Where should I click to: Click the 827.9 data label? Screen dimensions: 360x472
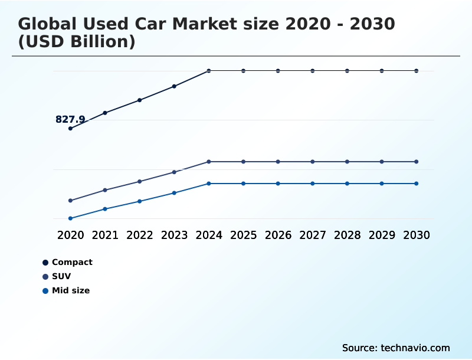[70, 119]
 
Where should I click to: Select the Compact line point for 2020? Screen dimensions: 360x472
[70, 128]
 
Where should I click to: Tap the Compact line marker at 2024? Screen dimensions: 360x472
[209, 71]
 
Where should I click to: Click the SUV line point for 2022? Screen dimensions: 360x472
[140, 181]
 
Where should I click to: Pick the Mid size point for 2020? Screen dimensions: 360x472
[70, 218]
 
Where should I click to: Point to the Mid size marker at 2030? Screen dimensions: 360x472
[417, 184]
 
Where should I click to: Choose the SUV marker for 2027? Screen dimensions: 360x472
[313, 162]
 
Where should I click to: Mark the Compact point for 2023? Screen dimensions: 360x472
[174, 86]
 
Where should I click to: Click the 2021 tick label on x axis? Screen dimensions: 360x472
[105, 235]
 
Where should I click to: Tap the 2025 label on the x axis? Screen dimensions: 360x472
[243, 235]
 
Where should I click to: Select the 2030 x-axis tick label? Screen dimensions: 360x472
[417, 235]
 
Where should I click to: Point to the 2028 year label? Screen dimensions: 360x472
[347, 235]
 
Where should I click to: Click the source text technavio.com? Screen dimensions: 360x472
[415, 348]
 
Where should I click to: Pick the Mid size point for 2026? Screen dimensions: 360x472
[278, 184]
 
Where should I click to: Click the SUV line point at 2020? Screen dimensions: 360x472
[70, 201]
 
